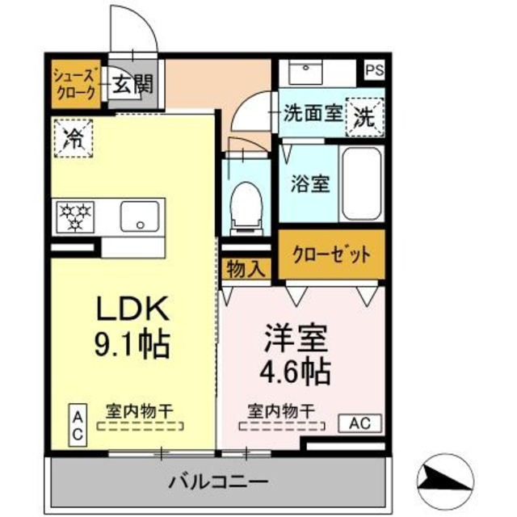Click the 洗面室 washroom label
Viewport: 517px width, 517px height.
coord(310,115)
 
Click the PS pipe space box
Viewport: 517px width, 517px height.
coord(374,70)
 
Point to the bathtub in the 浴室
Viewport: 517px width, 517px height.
coord(360,183)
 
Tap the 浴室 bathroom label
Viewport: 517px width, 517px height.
coord(309,183)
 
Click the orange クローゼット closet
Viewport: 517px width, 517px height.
coord(332,255)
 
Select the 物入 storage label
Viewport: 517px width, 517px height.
coord(244,269)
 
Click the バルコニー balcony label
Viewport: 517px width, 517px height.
coord(218,482)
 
